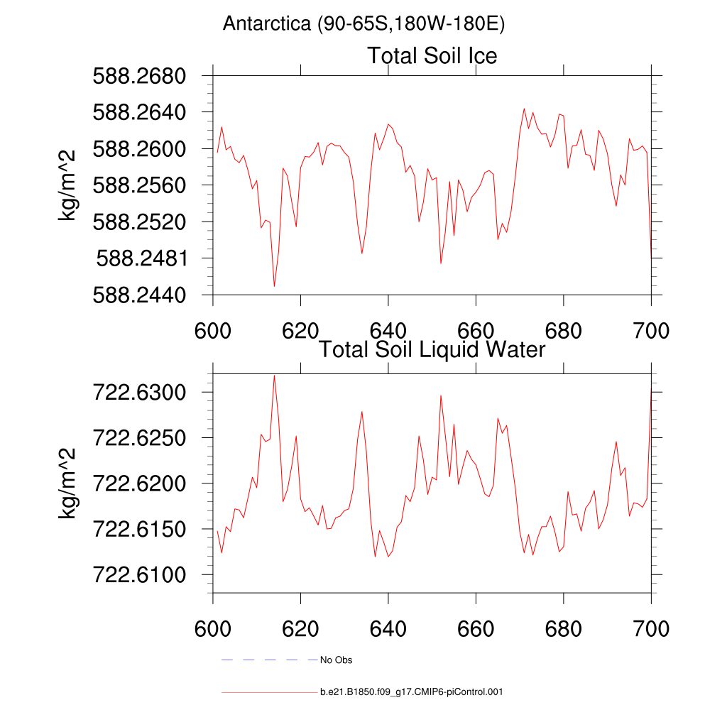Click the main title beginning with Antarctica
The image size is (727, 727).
tap(363, 24)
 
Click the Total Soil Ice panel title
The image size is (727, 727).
tap(432, 55)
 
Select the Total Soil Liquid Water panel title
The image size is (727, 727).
tap(432, 349)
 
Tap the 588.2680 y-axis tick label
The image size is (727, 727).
tap(139, 75)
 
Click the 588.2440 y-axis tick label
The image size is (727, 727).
tap(139, 295)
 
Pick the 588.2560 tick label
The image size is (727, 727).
tap(139, 185)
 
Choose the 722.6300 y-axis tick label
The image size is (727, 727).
tap(139, 392)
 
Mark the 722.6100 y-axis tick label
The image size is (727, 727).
tap(139, 574)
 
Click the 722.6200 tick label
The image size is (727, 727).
tap(139, 483)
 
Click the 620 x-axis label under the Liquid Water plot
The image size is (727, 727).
tap(300, 628)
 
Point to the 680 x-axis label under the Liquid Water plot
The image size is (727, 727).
tap(563, 628)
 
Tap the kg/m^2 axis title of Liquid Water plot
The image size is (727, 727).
tap(68, 483)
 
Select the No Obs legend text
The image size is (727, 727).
tap(336, 660)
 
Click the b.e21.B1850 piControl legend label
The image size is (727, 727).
tap(412, 692)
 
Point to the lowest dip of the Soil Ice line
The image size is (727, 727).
tap(274, 286)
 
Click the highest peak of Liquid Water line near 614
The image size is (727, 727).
tap(274, 375)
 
